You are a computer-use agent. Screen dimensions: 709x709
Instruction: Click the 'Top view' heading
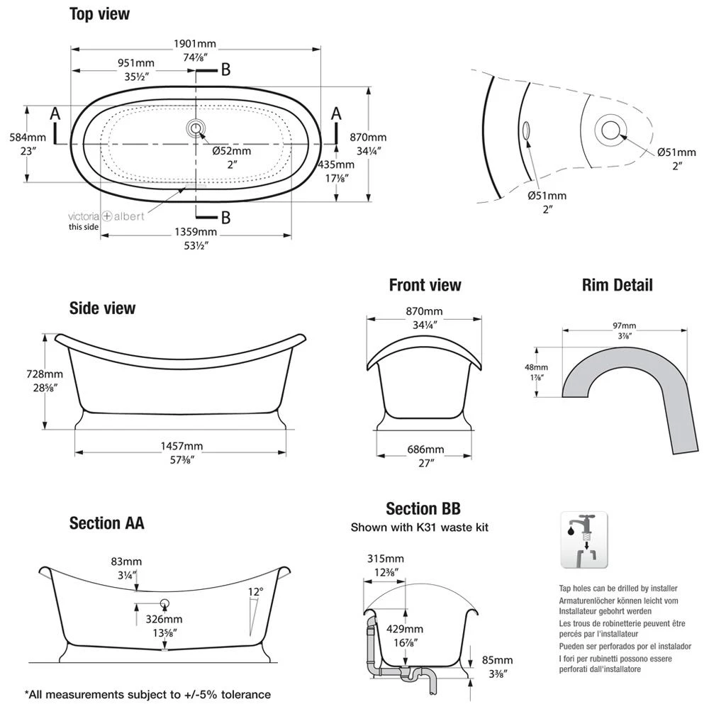pyautogui.click(x=99, y=13)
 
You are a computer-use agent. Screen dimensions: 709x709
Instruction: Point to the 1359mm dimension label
pyautogui.click(x=196, y=232)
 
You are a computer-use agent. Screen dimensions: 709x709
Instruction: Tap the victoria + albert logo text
pyautogui.click(x=106, y=216)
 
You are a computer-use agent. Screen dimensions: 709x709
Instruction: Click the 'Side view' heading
pyautogui.click(x=102, y=308)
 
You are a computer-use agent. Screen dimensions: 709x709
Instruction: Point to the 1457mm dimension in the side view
pyautogui.click(x=183, y=446)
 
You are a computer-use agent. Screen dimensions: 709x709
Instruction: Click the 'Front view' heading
pyautogui.click(x=425, y=285)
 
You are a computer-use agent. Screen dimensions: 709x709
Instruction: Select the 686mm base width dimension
pyautogui.click(x=425, y=450)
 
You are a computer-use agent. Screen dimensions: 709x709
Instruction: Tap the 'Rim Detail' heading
pyautogui.click(x=617, y=285)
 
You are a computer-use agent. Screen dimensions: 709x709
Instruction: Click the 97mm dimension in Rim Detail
pyautogui.click(x=625, y=325)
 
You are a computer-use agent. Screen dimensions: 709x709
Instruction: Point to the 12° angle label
pyautogui.click(x=256, y=591)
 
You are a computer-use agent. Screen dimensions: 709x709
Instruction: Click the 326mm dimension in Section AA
pyautogui.click(x=164, y=620)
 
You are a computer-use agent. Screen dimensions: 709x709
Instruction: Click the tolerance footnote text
pyautogui.click(x=147, y=694)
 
